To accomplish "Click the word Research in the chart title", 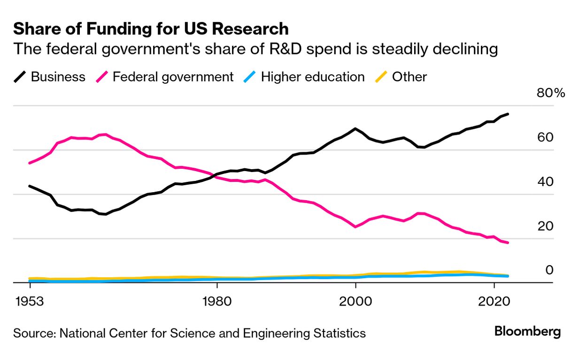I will pyautogui.click(x=250, y=29).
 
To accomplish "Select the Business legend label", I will pyautogui.click(x=58, y=77).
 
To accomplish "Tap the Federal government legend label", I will pyautogui.click(x=173, y=77).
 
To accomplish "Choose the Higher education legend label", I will pyautogui.click(x=312, y=77).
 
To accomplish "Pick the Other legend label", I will pyautogui.click(x=409, y=77).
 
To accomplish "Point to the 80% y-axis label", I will pyautogui.click(x=550, y=93).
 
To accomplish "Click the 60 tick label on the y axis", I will pyautogui.click(x=546, y=138).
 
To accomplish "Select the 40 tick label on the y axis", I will pyautogui.click(x=546, y=182).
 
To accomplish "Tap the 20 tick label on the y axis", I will pyautogui.click(x=546, y=226).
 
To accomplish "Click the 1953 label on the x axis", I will pyautogui.click(x=30, y=301).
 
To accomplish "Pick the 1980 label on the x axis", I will pyautogui.click(x=217, y=301).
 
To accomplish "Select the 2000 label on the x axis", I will pyautogui.click(x=355, y=301).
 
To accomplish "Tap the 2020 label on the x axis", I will pyautogui.click(x=494, y=301).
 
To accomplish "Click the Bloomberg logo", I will pyautogui.click(x=527, y=332).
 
